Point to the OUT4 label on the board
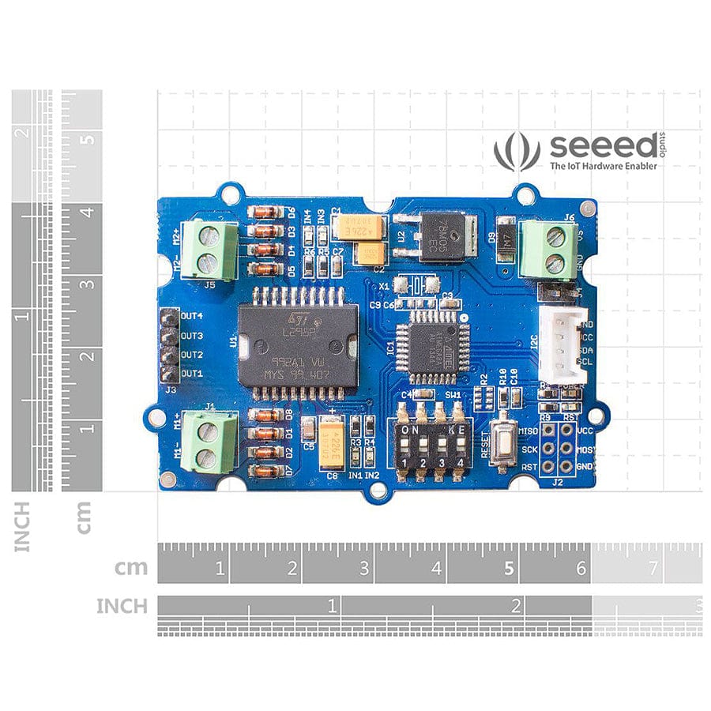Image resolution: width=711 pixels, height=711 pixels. point(192,316)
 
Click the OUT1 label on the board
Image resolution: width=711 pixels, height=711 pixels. point(192,374)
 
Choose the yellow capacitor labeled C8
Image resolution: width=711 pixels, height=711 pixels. point(333,446)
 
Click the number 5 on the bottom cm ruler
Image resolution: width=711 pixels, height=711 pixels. point(509,567)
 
